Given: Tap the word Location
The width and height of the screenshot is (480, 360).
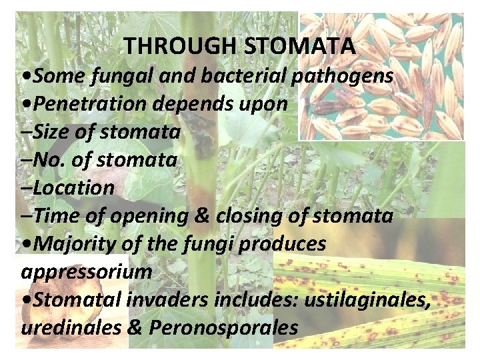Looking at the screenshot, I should [x=73, y=188].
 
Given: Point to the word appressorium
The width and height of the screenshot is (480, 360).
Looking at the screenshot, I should [x=87, y=272].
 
